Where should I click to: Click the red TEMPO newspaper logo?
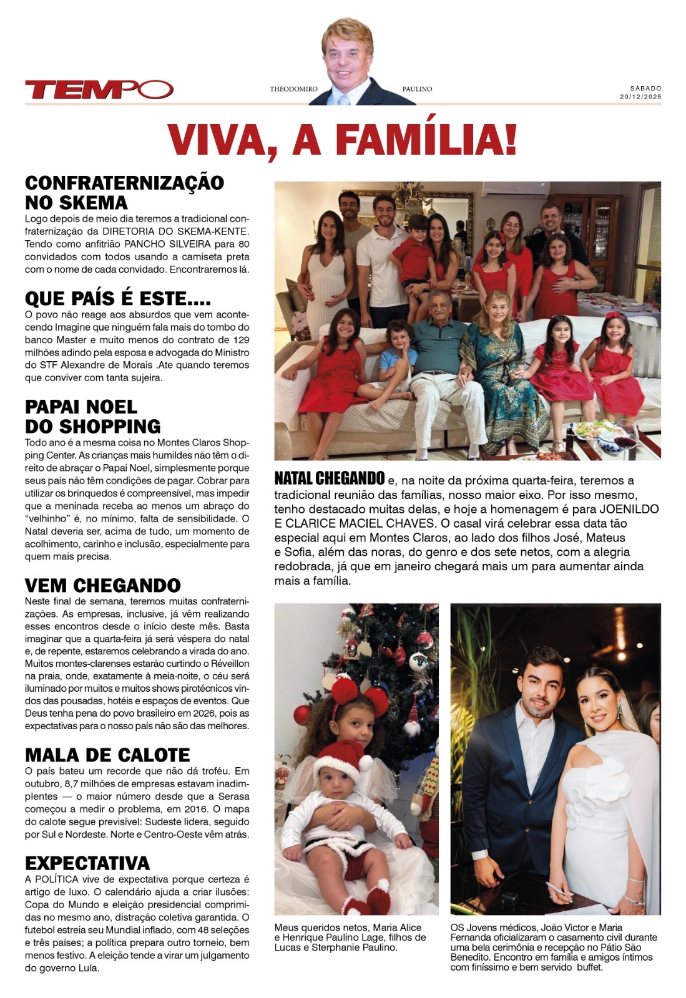[99, 89]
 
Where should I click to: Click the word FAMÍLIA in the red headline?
[427, 139]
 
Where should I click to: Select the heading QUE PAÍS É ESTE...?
[117, 299]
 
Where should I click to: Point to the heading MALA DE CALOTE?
[107, 755]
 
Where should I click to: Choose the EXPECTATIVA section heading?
[87, 863]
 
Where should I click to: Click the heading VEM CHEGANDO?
[102, 585]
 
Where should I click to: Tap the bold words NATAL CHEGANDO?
[329, 479]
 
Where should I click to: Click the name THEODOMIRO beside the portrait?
[293, 89]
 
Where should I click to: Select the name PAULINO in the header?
[417, 89]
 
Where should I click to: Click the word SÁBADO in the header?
[645, 89]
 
